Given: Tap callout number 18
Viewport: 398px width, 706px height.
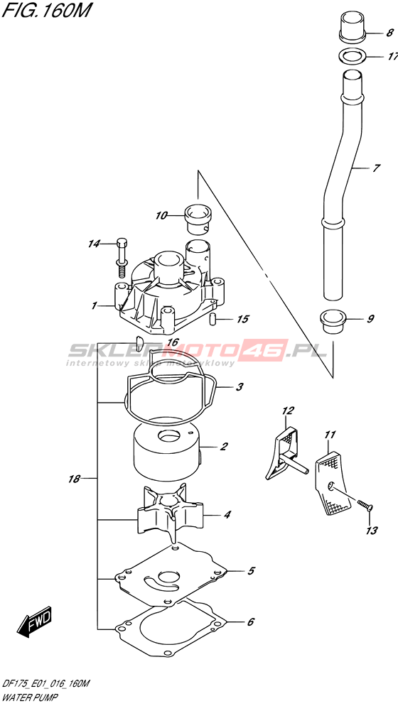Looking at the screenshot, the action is [x=74, y=479].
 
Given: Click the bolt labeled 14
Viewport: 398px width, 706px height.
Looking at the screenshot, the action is [x=122, y=256].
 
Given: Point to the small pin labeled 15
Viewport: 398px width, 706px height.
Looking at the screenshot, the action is [x=215, y=319].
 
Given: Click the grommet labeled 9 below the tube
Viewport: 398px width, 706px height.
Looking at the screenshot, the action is [x=335, y=320].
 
